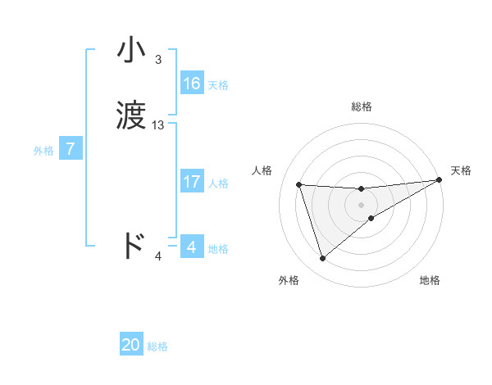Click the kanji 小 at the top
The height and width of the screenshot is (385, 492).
(x=132, y=51)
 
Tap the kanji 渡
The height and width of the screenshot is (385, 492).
(x=132, y=117)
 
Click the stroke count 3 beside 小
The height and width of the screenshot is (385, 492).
(x=158, y=60)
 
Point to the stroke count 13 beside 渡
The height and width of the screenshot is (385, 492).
(x=158, y=125)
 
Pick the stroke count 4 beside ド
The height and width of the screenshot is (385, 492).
(x=158, y=256)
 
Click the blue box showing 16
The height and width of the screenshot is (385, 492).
(x=191, y=84)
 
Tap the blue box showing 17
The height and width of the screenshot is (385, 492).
(x=191, y=182)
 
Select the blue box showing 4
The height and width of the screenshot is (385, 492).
(x=191, y=247)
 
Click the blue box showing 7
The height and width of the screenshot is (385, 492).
(x=71, y=150)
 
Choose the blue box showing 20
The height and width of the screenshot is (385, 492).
(x=131, y=345)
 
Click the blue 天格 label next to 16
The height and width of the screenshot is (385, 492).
(x=218, y=85)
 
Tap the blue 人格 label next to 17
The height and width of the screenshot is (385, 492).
(x=218, y=183)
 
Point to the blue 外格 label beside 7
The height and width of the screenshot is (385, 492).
(x=43, y=151)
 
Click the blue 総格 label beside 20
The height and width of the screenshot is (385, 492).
(x=157, y=346)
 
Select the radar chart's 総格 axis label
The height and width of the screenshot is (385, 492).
(x=362, y=106)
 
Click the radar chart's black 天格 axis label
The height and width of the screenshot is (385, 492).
(x=461, y=170)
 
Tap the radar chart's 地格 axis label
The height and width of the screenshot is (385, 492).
(x=430, y=281)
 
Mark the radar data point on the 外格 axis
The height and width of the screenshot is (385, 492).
(x=322, y=259)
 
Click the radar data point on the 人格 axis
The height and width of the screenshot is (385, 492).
(x=299, y=184)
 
